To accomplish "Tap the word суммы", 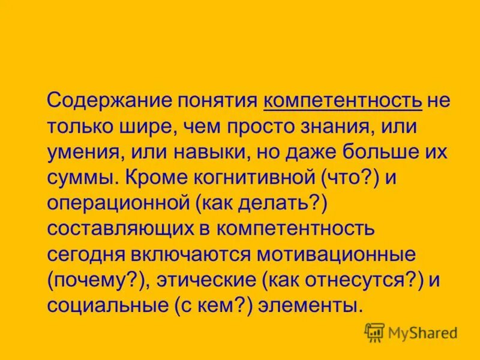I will [77, 178].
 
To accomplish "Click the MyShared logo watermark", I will [411, 332].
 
